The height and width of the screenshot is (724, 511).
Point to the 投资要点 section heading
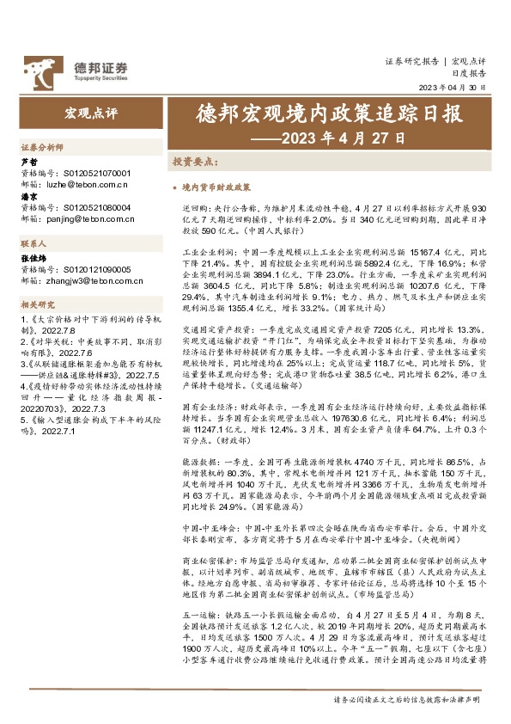click(x=195, y=161)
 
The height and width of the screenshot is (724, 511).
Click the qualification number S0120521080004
click(x=98, y=207)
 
